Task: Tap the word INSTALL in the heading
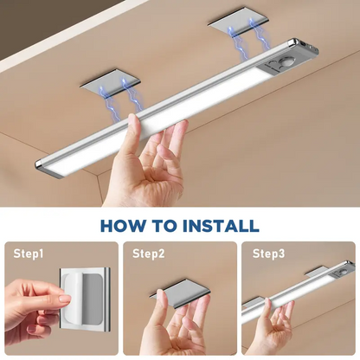(220, 227)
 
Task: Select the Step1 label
(29, 254)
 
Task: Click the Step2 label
(149, 254)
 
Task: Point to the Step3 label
(267, 254)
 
